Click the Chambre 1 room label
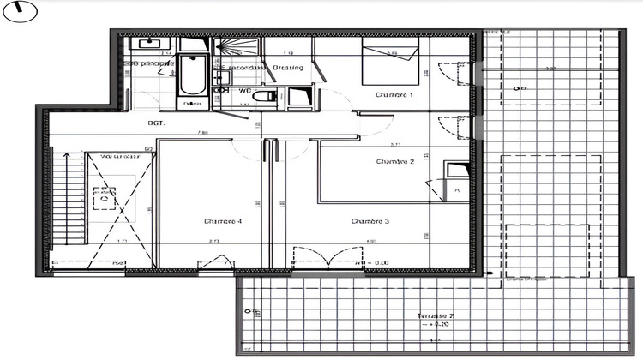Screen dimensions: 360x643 pyautogui.click(x=394, y=95)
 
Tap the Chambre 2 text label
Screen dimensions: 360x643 pyautogui.click(x=394, y=161)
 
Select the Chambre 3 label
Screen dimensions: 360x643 pyautogui.click(x=370, y=221)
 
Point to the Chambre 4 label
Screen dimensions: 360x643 pyautogui.click(x=223, y=221)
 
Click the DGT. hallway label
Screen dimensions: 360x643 pyautogui.click(x=156, y=123)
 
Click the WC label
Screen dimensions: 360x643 pyautogui.click(x=244, y=88)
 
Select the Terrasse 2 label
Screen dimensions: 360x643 pyautogui.click(x=436, y=316)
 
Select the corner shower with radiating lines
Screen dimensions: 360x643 pyautogui.click(x=226, y=50)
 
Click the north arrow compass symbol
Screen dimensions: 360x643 pyautogui.click(x=17, y=13)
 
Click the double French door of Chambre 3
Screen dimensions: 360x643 pyautogui.click(x=323, y=258)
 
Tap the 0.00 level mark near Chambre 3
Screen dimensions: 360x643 pyautogui.click(x=378, y=262)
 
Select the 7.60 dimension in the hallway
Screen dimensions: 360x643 pyautogui.click(x=203, y=133)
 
